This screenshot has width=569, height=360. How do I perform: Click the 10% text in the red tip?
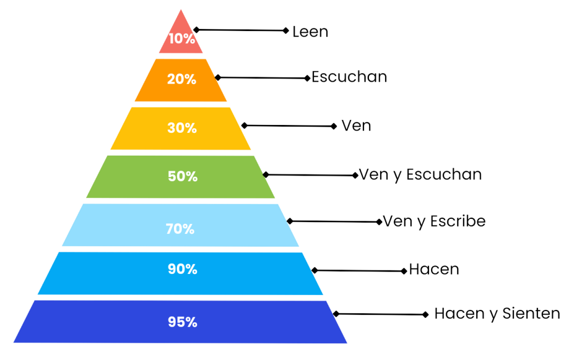[x=182, y=39]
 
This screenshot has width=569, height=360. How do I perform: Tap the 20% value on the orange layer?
[x=182, y=79]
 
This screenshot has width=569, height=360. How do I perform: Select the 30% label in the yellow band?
[x=182, y=128]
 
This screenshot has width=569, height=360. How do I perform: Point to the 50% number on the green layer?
[x=182, y=176]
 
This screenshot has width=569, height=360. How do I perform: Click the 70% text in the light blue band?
[x=180, y=228]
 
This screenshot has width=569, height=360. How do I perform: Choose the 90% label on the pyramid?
[x=182, y=269]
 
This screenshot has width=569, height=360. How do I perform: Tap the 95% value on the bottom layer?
[x=182, y=322]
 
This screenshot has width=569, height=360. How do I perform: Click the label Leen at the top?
[x=311, y=32]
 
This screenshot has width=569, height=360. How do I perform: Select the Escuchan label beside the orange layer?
[x=349, y=77]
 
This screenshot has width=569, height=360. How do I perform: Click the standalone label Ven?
[x=356, y=126]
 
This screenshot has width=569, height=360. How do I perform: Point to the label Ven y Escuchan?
[x=421, y=174]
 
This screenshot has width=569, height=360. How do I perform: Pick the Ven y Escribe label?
[x=435, y=221]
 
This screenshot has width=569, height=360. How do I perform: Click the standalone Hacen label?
[x=434, y=269]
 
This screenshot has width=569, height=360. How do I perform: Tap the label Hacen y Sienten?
[x=497, y=313]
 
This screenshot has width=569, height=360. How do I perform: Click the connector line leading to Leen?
[x=241, y=31]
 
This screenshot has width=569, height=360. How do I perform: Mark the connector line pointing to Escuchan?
[x=262, y=78]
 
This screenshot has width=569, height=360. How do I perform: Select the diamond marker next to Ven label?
[x=334, y=126]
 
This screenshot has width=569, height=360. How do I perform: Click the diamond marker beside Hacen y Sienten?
[x=426, y=314]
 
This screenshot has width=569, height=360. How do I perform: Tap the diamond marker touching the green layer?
[x=266, y=174]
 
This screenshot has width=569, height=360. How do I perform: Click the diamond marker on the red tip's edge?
[x=197, y=30]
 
